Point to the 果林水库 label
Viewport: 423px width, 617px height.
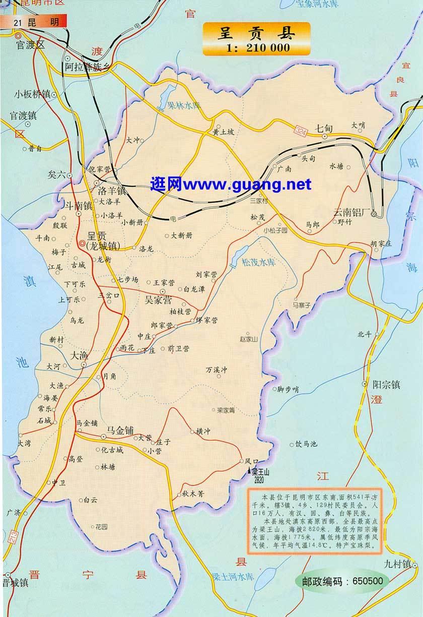pyautogui.click(x=184, y=106)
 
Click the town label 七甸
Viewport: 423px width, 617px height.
pyautogui.click(x=325, y=128)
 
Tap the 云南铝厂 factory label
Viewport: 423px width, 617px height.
pyautogui.click(x=352, y=212)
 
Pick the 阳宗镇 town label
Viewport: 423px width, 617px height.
pyautogui.click(x=386, y=385)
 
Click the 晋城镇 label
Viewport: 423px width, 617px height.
pyautogui.click(x=15, y=597)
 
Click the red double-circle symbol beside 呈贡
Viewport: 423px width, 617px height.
pyautogui.click(x=82, y=244)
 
